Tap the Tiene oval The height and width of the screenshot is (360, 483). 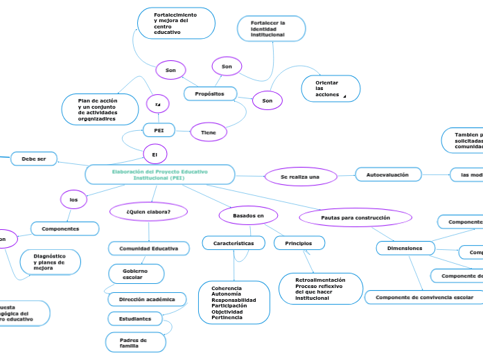point(209,132)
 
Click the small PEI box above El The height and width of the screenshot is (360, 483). point(159,130)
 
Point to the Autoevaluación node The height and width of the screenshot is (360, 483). point(387,175)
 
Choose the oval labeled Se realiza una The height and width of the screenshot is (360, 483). point(300,177)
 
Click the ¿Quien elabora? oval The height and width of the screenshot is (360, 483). point(149,211)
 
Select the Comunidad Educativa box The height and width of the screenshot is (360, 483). point(149,248)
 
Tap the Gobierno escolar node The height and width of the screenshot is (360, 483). point(137,273)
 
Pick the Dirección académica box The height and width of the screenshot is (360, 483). point(147,299)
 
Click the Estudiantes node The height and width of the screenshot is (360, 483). point(135,318)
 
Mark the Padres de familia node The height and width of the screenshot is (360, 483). point(136,342)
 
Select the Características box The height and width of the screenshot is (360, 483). point(233,243)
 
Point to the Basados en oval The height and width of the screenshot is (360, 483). point(248,216)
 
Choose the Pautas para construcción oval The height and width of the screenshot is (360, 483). point(355,217)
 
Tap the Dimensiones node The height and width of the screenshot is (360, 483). point(405,247)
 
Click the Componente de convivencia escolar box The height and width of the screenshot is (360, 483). point(424,298)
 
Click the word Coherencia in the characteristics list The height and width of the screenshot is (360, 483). point(227,288)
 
